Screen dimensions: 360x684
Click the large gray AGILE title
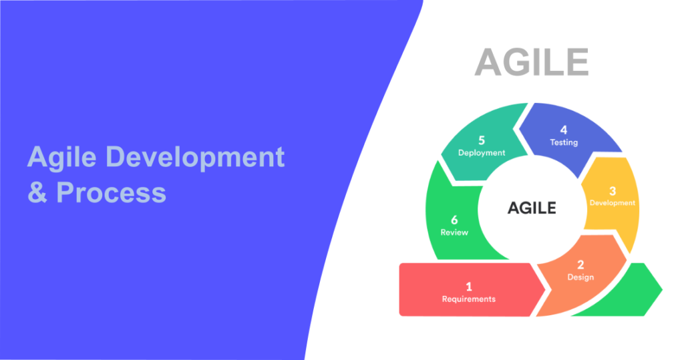tap(531, 62)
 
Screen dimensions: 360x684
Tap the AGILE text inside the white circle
tap(532, 208)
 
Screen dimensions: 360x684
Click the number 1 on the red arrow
tap(469, 287)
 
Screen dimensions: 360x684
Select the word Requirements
tap(469, 299)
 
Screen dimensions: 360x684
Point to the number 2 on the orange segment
tap(580, 264)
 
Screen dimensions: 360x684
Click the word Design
tap(580, 277)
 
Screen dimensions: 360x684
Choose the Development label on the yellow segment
tap(613, 203)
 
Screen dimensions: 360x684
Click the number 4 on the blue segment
tap(564, 130)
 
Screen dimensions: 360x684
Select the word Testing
tap(564, 142)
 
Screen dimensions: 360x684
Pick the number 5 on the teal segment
tap(482, 141)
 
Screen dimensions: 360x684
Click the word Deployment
tap(482, 153)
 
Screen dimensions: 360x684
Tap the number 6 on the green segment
tap(454, 219)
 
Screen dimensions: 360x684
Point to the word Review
tap(454, 232)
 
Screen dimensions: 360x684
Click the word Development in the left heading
tap(196, 158)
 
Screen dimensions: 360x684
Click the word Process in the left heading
tap(111, 192)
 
